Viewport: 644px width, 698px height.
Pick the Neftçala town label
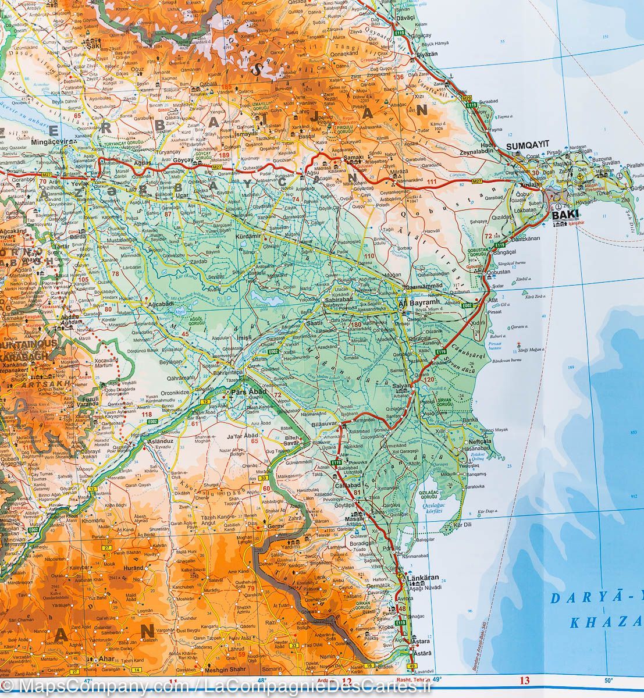click(480, 441)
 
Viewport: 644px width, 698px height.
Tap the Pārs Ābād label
click(248, 393)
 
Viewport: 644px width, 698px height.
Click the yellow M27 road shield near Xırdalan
click(476, 182)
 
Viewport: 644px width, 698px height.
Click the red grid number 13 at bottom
click(524, 681)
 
